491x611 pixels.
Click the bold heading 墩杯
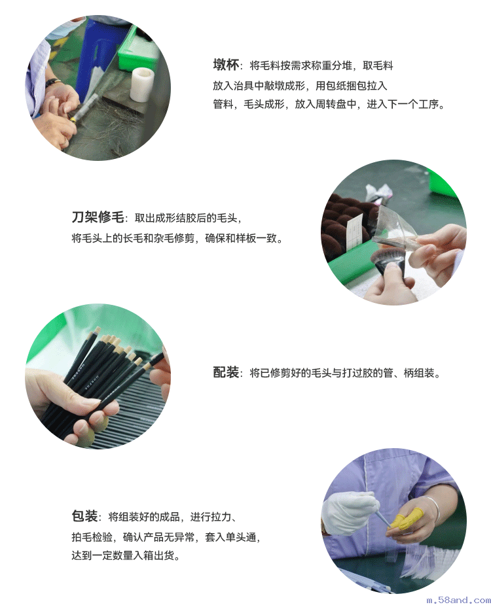tap(226, 65)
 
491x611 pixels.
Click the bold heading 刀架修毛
tap(98, 217)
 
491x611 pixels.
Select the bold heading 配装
tap(226, 372)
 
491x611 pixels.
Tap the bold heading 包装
tap(84, 516)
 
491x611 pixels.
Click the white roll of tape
tap(141, 84)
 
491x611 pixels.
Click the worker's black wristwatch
tap(52, 83)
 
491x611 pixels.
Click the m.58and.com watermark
tap(458, 600)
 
